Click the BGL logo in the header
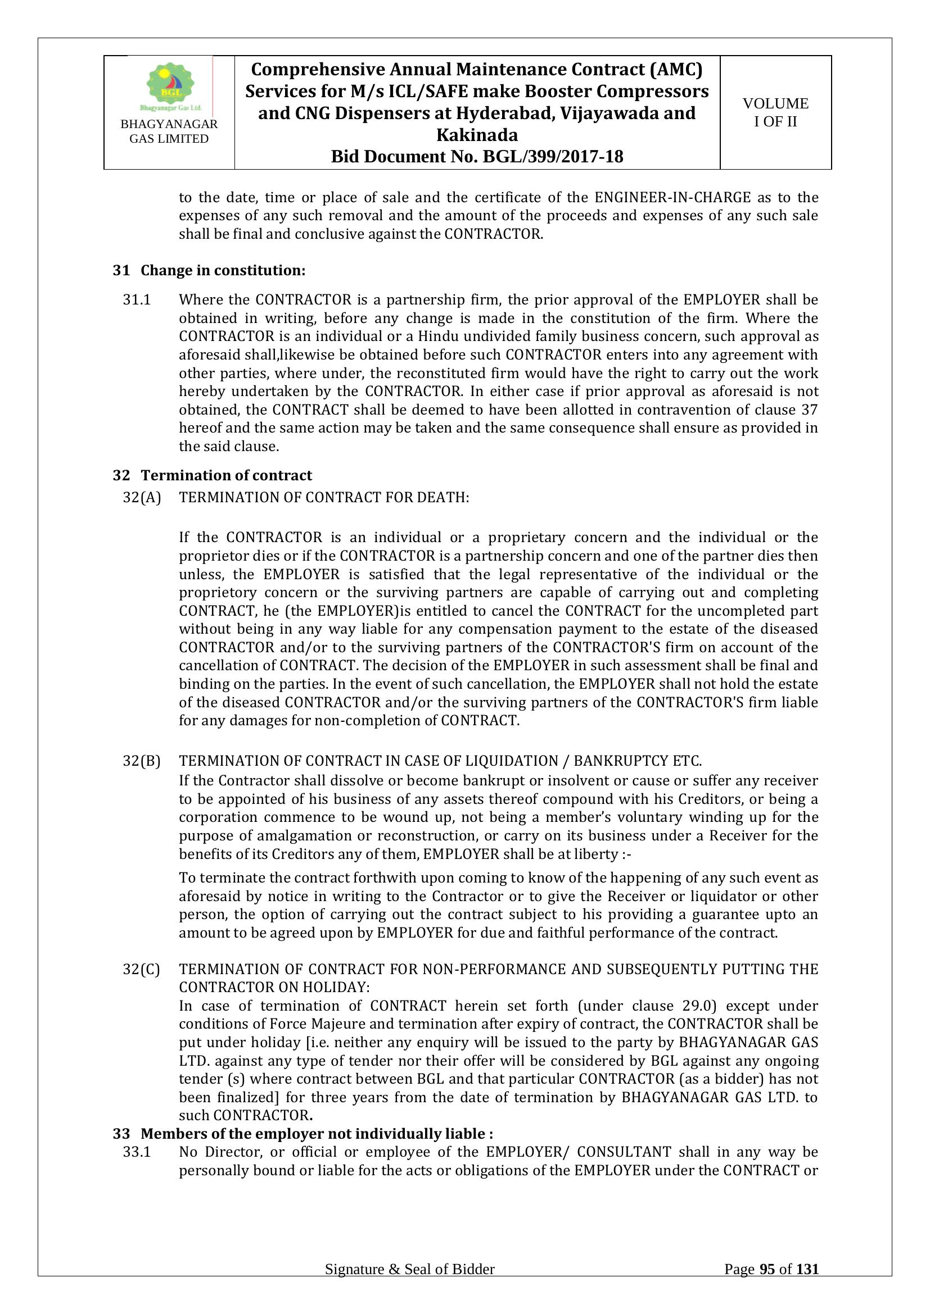[x=170, y=86]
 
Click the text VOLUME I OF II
[x=775, y=112]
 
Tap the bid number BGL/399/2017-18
[x=553, y=156]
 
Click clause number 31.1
[x=137, y=299]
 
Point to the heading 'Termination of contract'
[x=226, y=475]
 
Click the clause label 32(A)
[x=142, y=497]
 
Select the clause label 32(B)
[x=142, y=761]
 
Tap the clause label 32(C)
[x=142, y=969]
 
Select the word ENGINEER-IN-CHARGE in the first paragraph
[x=672, y=197]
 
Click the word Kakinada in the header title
[x=477, y=134]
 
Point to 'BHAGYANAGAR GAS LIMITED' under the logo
[x=169, y=131]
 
